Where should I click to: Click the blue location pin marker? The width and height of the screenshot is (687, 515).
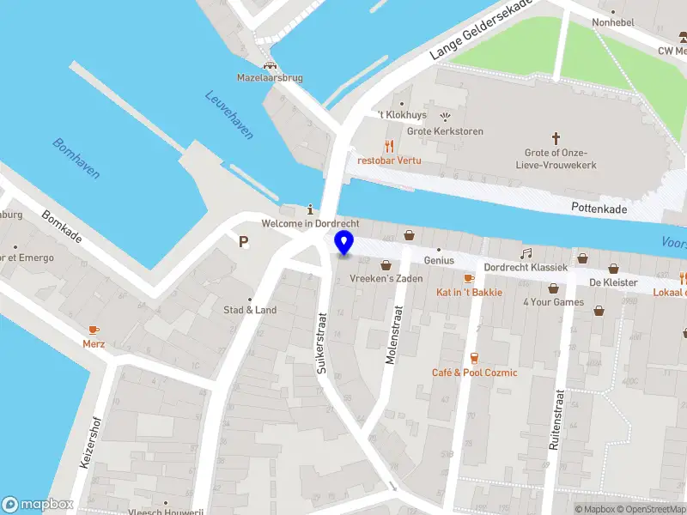pos(344,243)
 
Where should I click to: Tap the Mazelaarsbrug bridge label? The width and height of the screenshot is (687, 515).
pos(270,78)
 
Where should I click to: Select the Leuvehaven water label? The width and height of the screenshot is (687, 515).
pos(229,115)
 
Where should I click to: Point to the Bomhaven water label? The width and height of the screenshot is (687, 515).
pos(76,159)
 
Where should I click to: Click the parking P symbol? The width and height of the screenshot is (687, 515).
pos(244,242)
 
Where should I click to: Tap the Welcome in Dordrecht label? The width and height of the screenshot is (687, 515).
pos(310,224)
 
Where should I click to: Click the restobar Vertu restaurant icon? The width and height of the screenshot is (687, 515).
pos(388,146)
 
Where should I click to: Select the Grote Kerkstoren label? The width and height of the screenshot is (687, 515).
pos(445,131)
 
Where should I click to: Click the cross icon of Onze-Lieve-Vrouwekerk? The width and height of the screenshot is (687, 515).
pos(556,137)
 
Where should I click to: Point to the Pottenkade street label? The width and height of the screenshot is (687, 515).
pos(599,208)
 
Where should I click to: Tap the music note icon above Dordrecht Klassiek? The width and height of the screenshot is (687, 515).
pos(526,253)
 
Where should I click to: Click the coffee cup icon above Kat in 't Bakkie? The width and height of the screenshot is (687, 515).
pos(468,278)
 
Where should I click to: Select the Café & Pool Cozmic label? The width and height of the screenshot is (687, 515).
pos(474,373)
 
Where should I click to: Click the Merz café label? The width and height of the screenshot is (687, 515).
pos(94,343)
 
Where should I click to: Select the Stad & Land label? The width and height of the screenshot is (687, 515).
pos(250,310)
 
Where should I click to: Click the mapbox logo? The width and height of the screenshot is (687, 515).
pos(38,505)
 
